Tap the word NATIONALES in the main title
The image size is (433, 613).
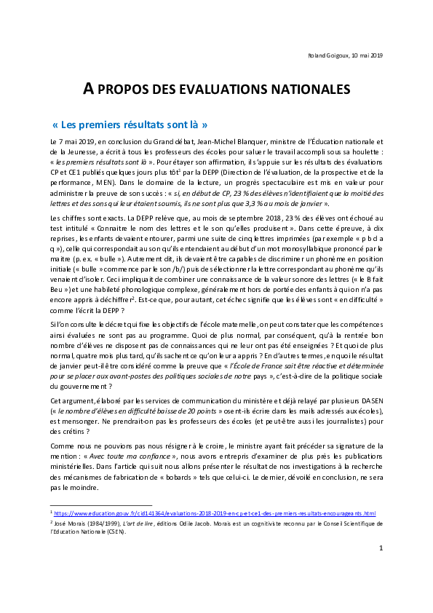pos(309,90)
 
